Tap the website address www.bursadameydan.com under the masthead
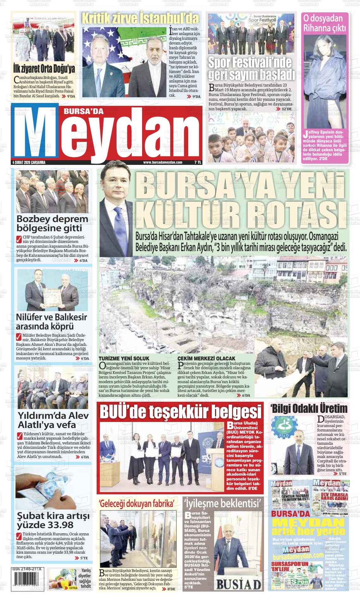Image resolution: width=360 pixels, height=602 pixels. coord(163,162)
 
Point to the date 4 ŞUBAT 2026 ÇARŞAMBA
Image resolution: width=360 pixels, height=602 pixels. coord(29,162)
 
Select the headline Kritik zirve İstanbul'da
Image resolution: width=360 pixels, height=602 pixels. coord(141,19)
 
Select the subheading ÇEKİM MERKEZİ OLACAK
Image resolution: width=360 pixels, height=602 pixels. coord(207,358)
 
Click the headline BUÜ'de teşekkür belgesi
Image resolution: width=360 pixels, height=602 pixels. coord(181,412)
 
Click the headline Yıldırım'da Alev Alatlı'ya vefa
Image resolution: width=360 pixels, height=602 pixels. coord(49,420)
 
